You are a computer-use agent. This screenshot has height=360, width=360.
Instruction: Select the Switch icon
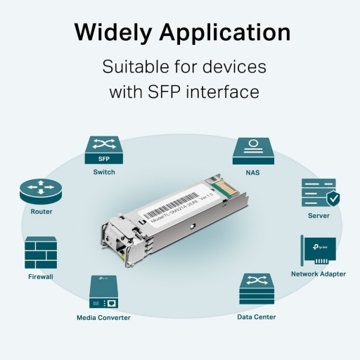tap(103, 149)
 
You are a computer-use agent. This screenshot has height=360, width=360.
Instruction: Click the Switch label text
tap(103, 172)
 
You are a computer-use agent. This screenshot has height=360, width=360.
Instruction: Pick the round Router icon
tap(41, 190)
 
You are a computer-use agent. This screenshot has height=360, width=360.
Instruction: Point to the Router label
tap(41, 211)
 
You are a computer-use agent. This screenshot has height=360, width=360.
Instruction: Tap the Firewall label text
tap(41, 276)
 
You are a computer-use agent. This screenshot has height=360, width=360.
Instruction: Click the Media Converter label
tap(103, 317)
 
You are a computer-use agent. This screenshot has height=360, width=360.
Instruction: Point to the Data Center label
tap(256, 316)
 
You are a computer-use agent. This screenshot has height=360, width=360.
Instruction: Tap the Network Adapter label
tap(318, 274)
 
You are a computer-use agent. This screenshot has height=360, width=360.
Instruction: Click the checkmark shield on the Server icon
tap(333, 199)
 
